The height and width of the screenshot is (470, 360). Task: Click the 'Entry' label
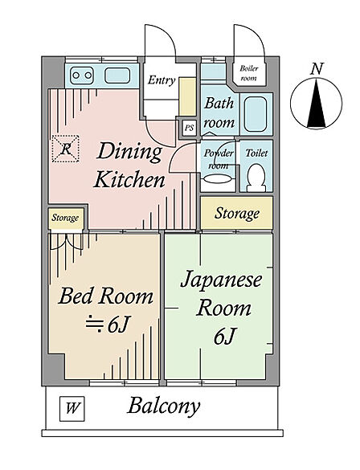tap(162, 80)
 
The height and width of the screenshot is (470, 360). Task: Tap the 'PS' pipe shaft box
tap(189, 128)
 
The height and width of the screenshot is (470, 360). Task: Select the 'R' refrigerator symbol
tap(66, 149)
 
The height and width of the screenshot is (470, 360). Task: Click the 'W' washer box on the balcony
tap(72, 409)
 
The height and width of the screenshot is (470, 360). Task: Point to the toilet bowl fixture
tap(256, 178)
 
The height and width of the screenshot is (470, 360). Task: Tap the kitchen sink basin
tap(117, 76)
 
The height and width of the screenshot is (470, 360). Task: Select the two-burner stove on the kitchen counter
tap(82, 76)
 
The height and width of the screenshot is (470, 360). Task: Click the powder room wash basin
tap(218, 179)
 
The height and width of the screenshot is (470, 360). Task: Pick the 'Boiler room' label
tap(249, 73)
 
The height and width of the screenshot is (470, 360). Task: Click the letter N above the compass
tap(317, 68)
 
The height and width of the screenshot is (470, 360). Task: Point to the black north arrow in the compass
tap(317, 103)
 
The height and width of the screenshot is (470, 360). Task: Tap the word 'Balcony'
tap(164, 407)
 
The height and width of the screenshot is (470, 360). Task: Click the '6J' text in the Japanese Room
tap(223, 337)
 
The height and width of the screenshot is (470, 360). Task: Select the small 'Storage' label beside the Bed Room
tap(65, 218)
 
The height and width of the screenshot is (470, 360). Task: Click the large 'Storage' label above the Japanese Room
tap(237, 214)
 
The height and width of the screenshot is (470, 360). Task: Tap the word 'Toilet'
tap(256, 153)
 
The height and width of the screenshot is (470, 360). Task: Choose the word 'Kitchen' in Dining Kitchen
tap(129, 180)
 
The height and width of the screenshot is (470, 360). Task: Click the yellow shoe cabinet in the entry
tap(188, 96)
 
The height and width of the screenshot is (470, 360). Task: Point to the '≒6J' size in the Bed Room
tap(108, 325)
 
